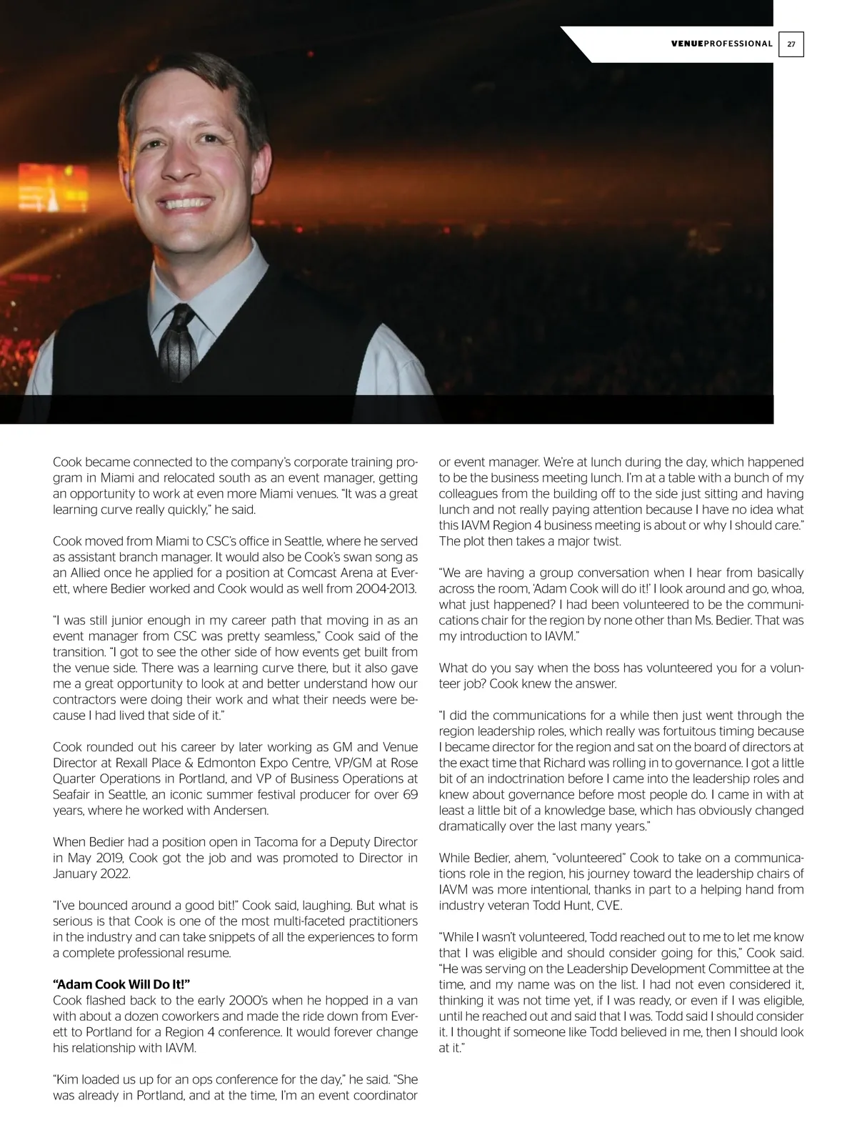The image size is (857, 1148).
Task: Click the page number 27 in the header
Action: (x=791, y=44)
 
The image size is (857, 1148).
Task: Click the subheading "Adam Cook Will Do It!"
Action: (x=121, y=984)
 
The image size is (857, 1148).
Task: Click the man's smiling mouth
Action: (x=184, y=205)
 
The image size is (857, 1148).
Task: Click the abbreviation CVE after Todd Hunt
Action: (x=609, y=906)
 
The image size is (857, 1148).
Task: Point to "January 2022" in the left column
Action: (x=91, y=874)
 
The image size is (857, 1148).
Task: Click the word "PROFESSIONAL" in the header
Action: (x=738, y=44)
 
